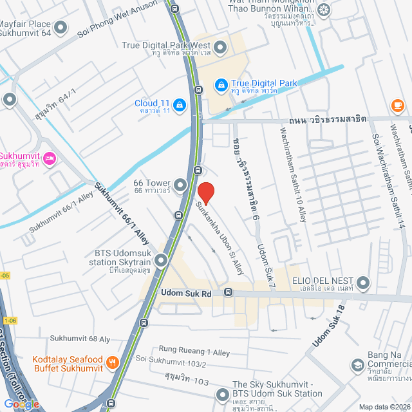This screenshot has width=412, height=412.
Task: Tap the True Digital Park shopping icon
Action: pos(221,84)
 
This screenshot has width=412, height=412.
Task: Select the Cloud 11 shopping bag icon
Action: pos(179,104)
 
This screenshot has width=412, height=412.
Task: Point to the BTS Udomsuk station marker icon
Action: pos(160,260)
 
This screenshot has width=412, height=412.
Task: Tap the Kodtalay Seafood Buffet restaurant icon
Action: pos(113,362)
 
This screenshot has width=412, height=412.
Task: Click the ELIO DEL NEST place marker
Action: pos(364,282)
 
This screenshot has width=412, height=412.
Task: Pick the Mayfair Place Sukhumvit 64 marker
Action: pos(61,27)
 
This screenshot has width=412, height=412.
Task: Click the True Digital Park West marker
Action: pos(220,46)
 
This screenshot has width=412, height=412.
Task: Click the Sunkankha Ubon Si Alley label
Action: pos(220,236)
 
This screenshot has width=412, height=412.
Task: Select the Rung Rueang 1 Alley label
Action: pos(194,353)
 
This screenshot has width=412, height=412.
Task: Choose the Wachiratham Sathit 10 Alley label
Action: pos(292,174)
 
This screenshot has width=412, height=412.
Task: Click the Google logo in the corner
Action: pos(21,404)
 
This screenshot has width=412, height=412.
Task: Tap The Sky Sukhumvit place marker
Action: pos(223,393)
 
